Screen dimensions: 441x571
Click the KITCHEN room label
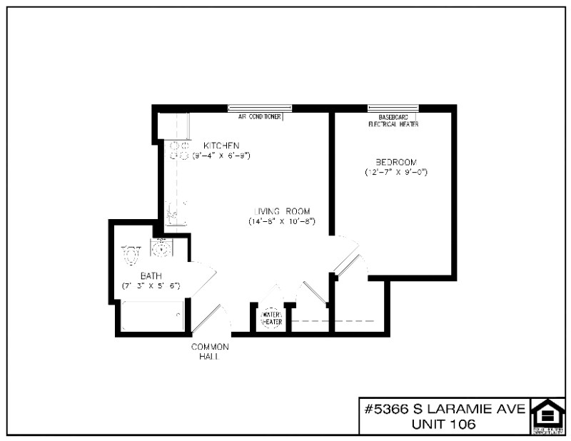click(x=221, y=145)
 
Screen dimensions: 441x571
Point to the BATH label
click(x=151, y=275)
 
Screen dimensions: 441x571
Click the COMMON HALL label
click(x=209, y=351)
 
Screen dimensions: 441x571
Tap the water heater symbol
click(x=272, y=318)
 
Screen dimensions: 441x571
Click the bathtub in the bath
click(x=152, y=316)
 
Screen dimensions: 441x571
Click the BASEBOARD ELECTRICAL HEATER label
click(x=393, y=120)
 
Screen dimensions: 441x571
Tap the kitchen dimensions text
click(x=221, y=155)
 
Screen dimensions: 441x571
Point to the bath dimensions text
click(x=151, y=285)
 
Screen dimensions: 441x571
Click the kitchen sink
click(x=176, y=213)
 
